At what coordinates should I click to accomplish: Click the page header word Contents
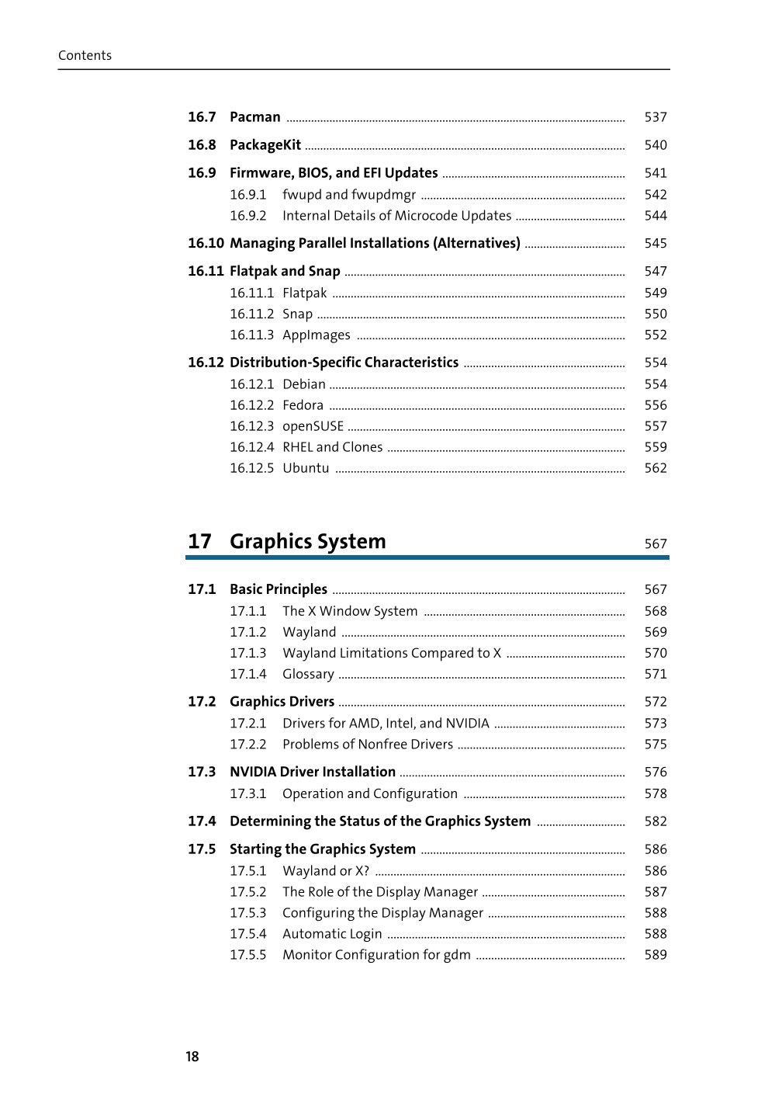point(85,55)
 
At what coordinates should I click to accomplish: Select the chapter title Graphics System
point(307,541)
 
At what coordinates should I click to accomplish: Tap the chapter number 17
point(199,541)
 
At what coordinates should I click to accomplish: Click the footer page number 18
point(192,1057)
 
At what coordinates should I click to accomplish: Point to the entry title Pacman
point(254,117)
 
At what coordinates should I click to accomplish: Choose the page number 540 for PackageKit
point(656,145)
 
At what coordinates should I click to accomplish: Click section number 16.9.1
point(247,195)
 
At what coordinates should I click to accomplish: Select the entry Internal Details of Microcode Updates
point(396,216)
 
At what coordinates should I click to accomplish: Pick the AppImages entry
point(316,335)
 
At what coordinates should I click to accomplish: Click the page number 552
point(656,335)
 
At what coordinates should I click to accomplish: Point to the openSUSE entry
point(313,426)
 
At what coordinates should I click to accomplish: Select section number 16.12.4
point(251,447)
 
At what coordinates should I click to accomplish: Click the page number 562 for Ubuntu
point(656,468)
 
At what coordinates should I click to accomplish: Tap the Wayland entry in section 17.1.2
point(309,633)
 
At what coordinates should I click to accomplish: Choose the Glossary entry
point(308,675)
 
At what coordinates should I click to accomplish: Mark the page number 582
point(656,821)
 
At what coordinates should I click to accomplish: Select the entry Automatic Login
point(332,934)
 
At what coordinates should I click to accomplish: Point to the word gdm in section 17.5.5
point(457,955)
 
